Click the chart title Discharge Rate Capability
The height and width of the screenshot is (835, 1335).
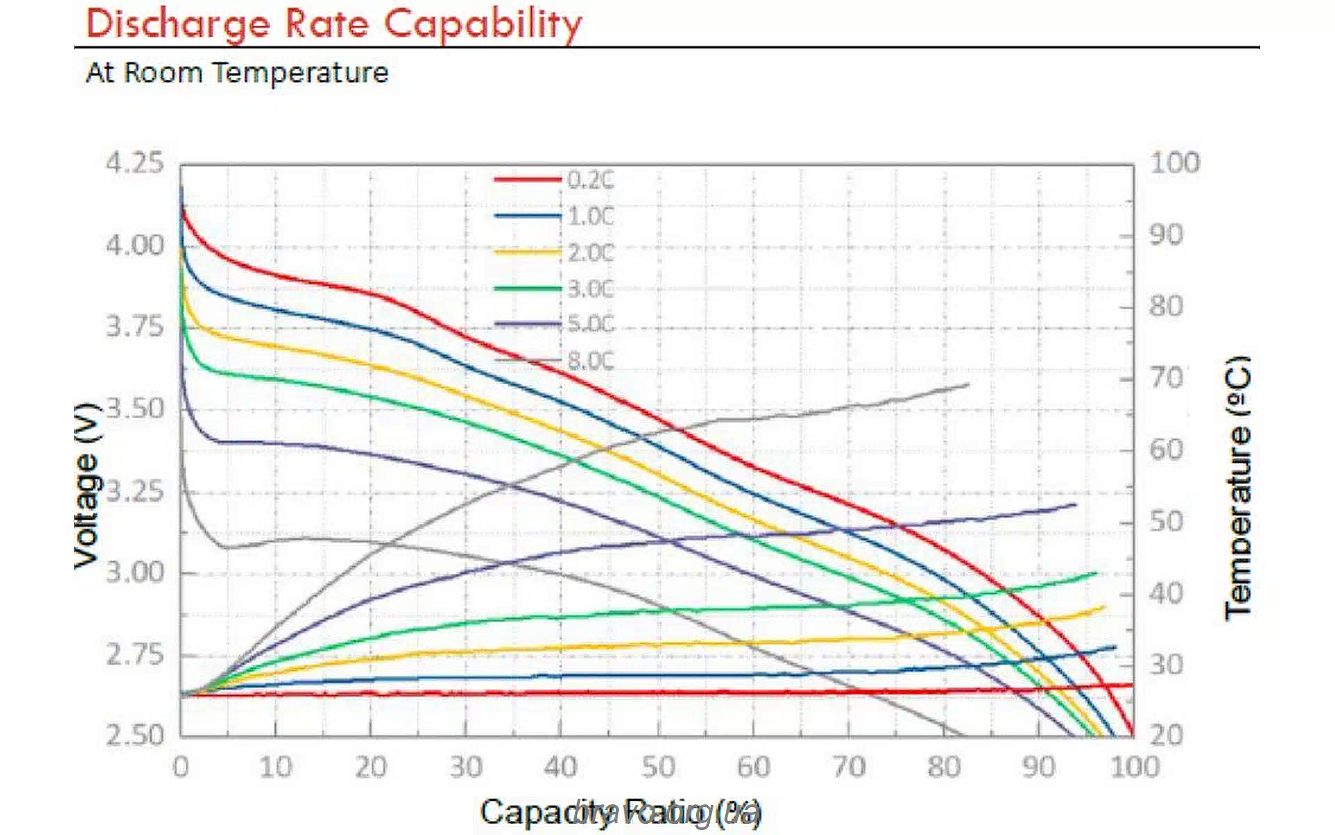point(334,24)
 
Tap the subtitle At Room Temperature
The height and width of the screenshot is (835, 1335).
point(236,72)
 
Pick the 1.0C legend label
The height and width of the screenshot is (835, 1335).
point(590,216)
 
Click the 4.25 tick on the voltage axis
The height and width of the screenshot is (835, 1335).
point(134,163)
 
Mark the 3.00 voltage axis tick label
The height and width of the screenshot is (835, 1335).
point(134,573)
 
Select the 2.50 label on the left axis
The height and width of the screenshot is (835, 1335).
point(134,735)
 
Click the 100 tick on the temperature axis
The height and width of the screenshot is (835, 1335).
point(1174,163)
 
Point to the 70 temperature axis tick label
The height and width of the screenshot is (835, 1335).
point(1166,379)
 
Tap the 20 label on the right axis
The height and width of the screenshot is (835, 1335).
point(1166,735)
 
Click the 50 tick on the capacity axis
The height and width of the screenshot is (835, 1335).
point(658,768)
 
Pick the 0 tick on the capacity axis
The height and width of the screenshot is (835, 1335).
point(181,768)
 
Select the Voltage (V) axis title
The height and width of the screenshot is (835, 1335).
point(88,486)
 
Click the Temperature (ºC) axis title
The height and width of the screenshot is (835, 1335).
point(1238,487)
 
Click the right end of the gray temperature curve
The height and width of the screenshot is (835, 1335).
point(967,384)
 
